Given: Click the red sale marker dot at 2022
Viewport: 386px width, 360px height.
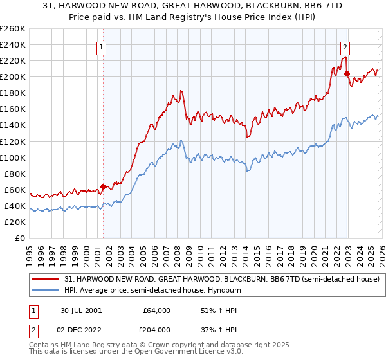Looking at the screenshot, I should click(x=347, y=73).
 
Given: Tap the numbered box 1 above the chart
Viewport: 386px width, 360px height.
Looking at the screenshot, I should click(x=102, y=46).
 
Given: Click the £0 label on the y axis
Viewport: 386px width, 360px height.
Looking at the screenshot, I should click(x=19, y=239).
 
